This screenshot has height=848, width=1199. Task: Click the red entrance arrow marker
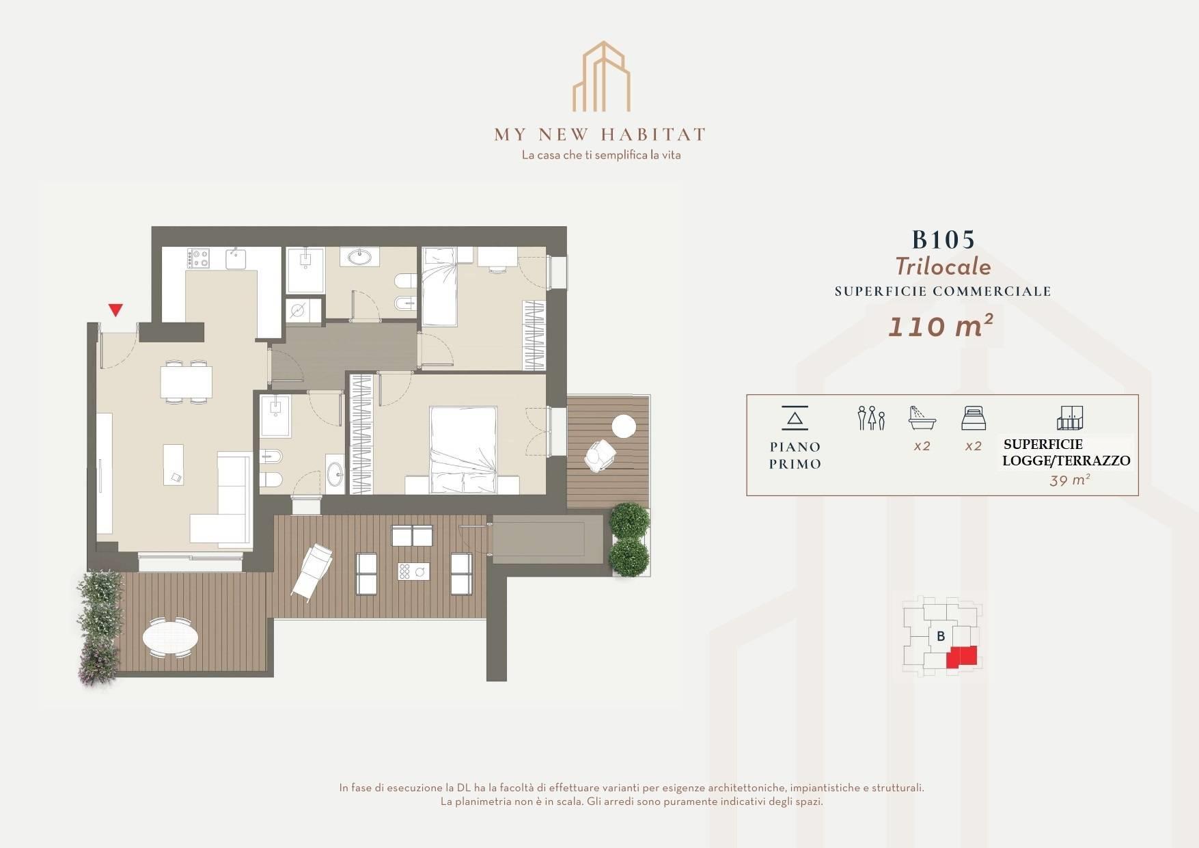coord(116,310)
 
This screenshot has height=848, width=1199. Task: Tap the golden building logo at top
coord(601,77)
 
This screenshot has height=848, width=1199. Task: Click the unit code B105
coord(943,240)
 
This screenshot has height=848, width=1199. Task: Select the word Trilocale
coord(943,266)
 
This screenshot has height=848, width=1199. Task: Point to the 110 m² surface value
coord(940,327)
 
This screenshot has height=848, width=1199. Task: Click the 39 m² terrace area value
coord(1069,480)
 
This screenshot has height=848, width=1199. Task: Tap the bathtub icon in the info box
coord(922,417)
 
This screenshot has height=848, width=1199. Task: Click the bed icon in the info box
coord(973,418)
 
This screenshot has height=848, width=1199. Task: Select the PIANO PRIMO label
coord(795,455)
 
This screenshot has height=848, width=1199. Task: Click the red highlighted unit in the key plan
coord(961,657)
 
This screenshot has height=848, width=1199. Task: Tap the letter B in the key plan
coord(941,636)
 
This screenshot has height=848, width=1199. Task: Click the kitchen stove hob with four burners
coord(199,258)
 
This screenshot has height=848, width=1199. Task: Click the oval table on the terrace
coord(170,638)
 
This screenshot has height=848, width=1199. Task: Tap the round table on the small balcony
coord(624,426)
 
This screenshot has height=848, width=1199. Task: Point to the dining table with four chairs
coord(186,381)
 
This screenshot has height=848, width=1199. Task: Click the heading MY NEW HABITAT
coord(600,134)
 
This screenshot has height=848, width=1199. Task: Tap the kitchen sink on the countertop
coord(236,258)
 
